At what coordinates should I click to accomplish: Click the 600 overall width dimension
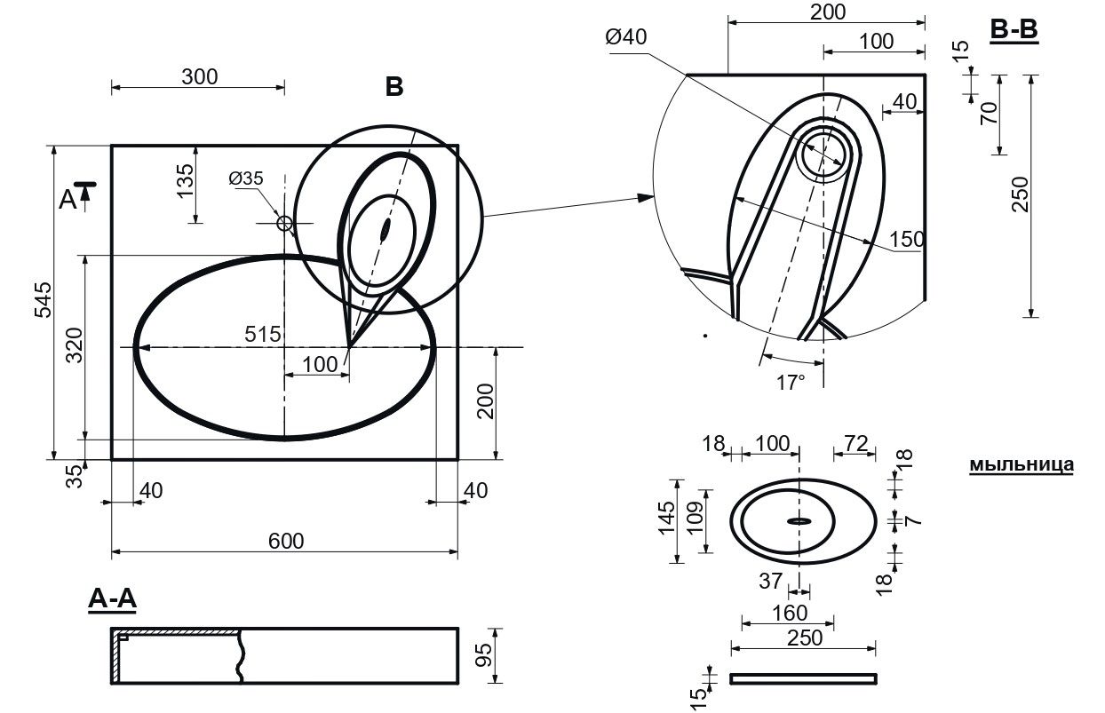285,541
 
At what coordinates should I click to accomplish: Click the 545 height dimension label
44,303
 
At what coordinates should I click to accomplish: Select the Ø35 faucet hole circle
285,223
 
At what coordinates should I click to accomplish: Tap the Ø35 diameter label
246,178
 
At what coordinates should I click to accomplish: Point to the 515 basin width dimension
264,335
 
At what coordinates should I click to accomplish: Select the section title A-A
112,601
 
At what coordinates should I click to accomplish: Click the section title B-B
1014,30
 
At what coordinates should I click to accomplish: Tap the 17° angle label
790,382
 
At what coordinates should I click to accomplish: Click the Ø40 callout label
626,37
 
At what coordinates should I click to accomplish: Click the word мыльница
1021,464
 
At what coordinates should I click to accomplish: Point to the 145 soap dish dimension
665,520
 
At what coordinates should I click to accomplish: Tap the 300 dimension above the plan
199,77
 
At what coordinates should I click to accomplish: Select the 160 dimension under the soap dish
789,613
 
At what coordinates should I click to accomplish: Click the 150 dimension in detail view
907,239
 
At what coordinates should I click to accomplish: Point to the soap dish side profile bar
803,679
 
